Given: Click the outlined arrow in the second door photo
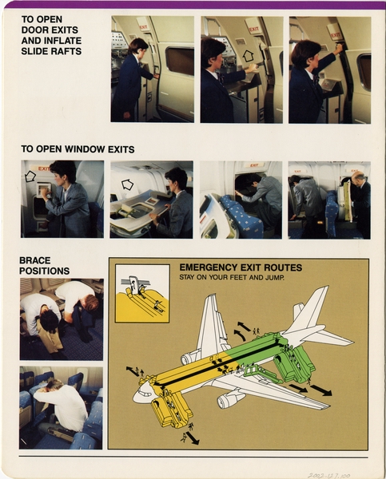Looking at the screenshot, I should (x=248, y=56).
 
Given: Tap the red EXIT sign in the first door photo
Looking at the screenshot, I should (x=144, y=26).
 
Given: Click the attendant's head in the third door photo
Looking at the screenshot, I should (x=308, y=53).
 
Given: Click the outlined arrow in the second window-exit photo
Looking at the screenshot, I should (x=126, y=184).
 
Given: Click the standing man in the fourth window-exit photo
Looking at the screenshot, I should (x=360, y=204).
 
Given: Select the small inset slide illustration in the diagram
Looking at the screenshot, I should (x=142, y=293).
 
